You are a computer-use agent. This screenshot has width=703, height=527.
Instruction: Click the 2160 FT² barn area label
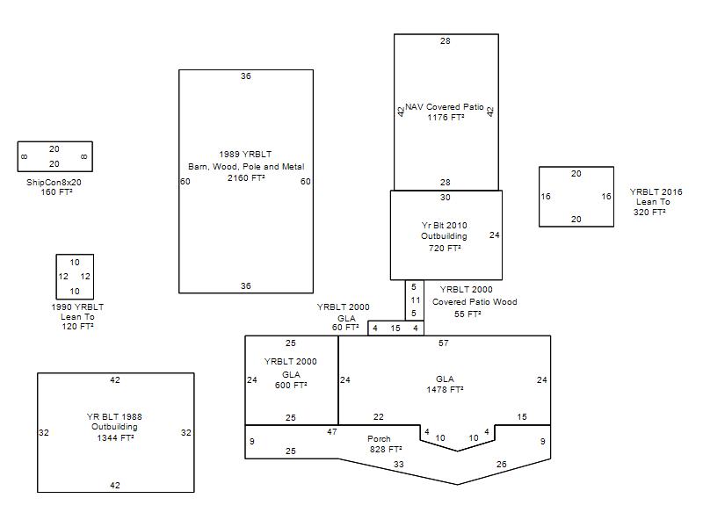(246, 178)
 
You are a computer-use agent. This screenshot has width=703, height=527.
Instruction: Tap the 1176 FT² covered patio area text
(446, 118)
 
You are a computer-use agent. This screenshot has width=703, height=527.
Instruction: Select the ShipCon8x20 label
(54, 183)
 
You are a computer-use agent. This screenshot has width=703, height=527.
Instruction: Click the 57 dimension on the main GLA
(444, 343)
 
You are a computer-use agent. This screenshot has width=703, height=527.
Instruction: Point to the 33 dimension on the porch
(399, 465)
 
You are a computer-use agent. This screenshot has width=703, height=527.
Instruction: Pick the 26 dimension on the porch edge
(501, 465)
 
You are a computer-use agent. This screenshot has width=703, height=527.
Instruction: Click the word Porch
(379, 438)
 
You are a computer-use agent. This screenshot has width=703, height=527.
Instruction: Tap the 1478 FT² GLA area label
(445, 390)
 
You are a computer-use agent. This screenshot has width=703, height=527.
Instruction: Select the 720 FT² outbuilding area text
(445, 249)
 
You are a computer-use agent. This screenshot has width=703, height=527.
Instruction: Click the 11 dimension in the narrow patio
(416, 300)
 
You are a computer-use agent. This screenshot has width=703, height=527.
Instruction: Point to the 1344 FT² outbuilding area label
(115, 437)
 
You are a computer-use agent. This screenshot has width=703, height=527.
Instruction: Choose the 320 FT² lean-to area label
(649, 213)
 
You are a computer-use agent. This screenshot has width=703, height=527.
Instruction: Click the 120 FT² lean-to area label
(77, 327)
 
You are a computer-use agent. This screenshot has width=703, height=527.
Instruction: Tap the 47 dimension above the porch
(332, 432)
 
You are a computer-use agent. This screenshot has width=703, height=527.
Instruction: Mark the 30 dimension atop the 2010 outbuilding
(446, 198)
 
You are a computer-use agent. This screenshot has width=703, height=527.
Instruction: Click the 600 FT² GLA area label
(291, 386)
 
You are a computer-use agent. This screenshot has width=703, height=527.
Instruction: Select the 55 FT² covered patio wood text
(467, 314)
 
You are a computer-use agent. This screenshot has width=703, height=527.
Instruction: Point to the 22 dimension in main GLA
(379, 417)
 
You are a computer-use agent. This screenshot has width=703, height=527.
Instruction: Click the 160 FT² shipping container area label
(56, 192)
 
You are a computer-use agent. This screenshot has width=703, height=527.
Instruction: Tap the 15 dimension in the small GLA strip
(395, 328)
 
